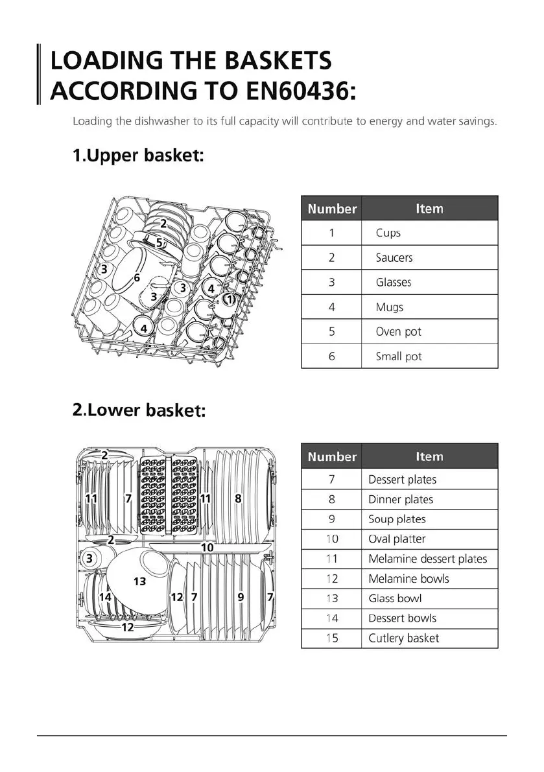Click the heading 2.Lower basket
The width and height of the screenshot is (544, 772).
point(139,410)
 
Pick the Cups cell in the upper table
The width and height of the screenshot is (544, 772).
point(388,233)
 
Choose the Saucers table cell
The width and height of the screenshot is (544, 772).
point(394,257)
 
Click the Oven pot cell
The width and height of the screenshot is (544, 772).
point(399,331)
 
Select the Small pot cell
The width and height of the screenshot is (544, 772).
point(399,357)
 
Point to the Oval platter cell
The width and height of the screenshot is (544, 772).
point(397,539)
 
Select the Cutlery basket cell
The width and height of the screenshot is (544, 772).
point(403,638)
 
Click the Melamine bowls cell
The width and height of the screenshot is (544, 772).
point(408,579)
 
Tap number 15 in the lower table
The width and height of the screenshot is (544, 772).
point(332,638)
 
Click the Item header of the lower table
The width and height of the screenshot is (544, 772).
point(429,456)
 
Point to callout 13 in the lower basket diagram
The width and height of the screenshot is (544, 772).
point(139,581)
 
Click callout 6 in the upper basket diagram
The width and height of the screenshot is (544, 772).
point(137,277)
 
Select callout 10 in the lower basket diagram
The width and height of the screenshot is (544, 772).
point(207,547)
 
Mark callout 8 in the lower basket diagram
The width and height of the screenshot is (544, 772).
point(238,498)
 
